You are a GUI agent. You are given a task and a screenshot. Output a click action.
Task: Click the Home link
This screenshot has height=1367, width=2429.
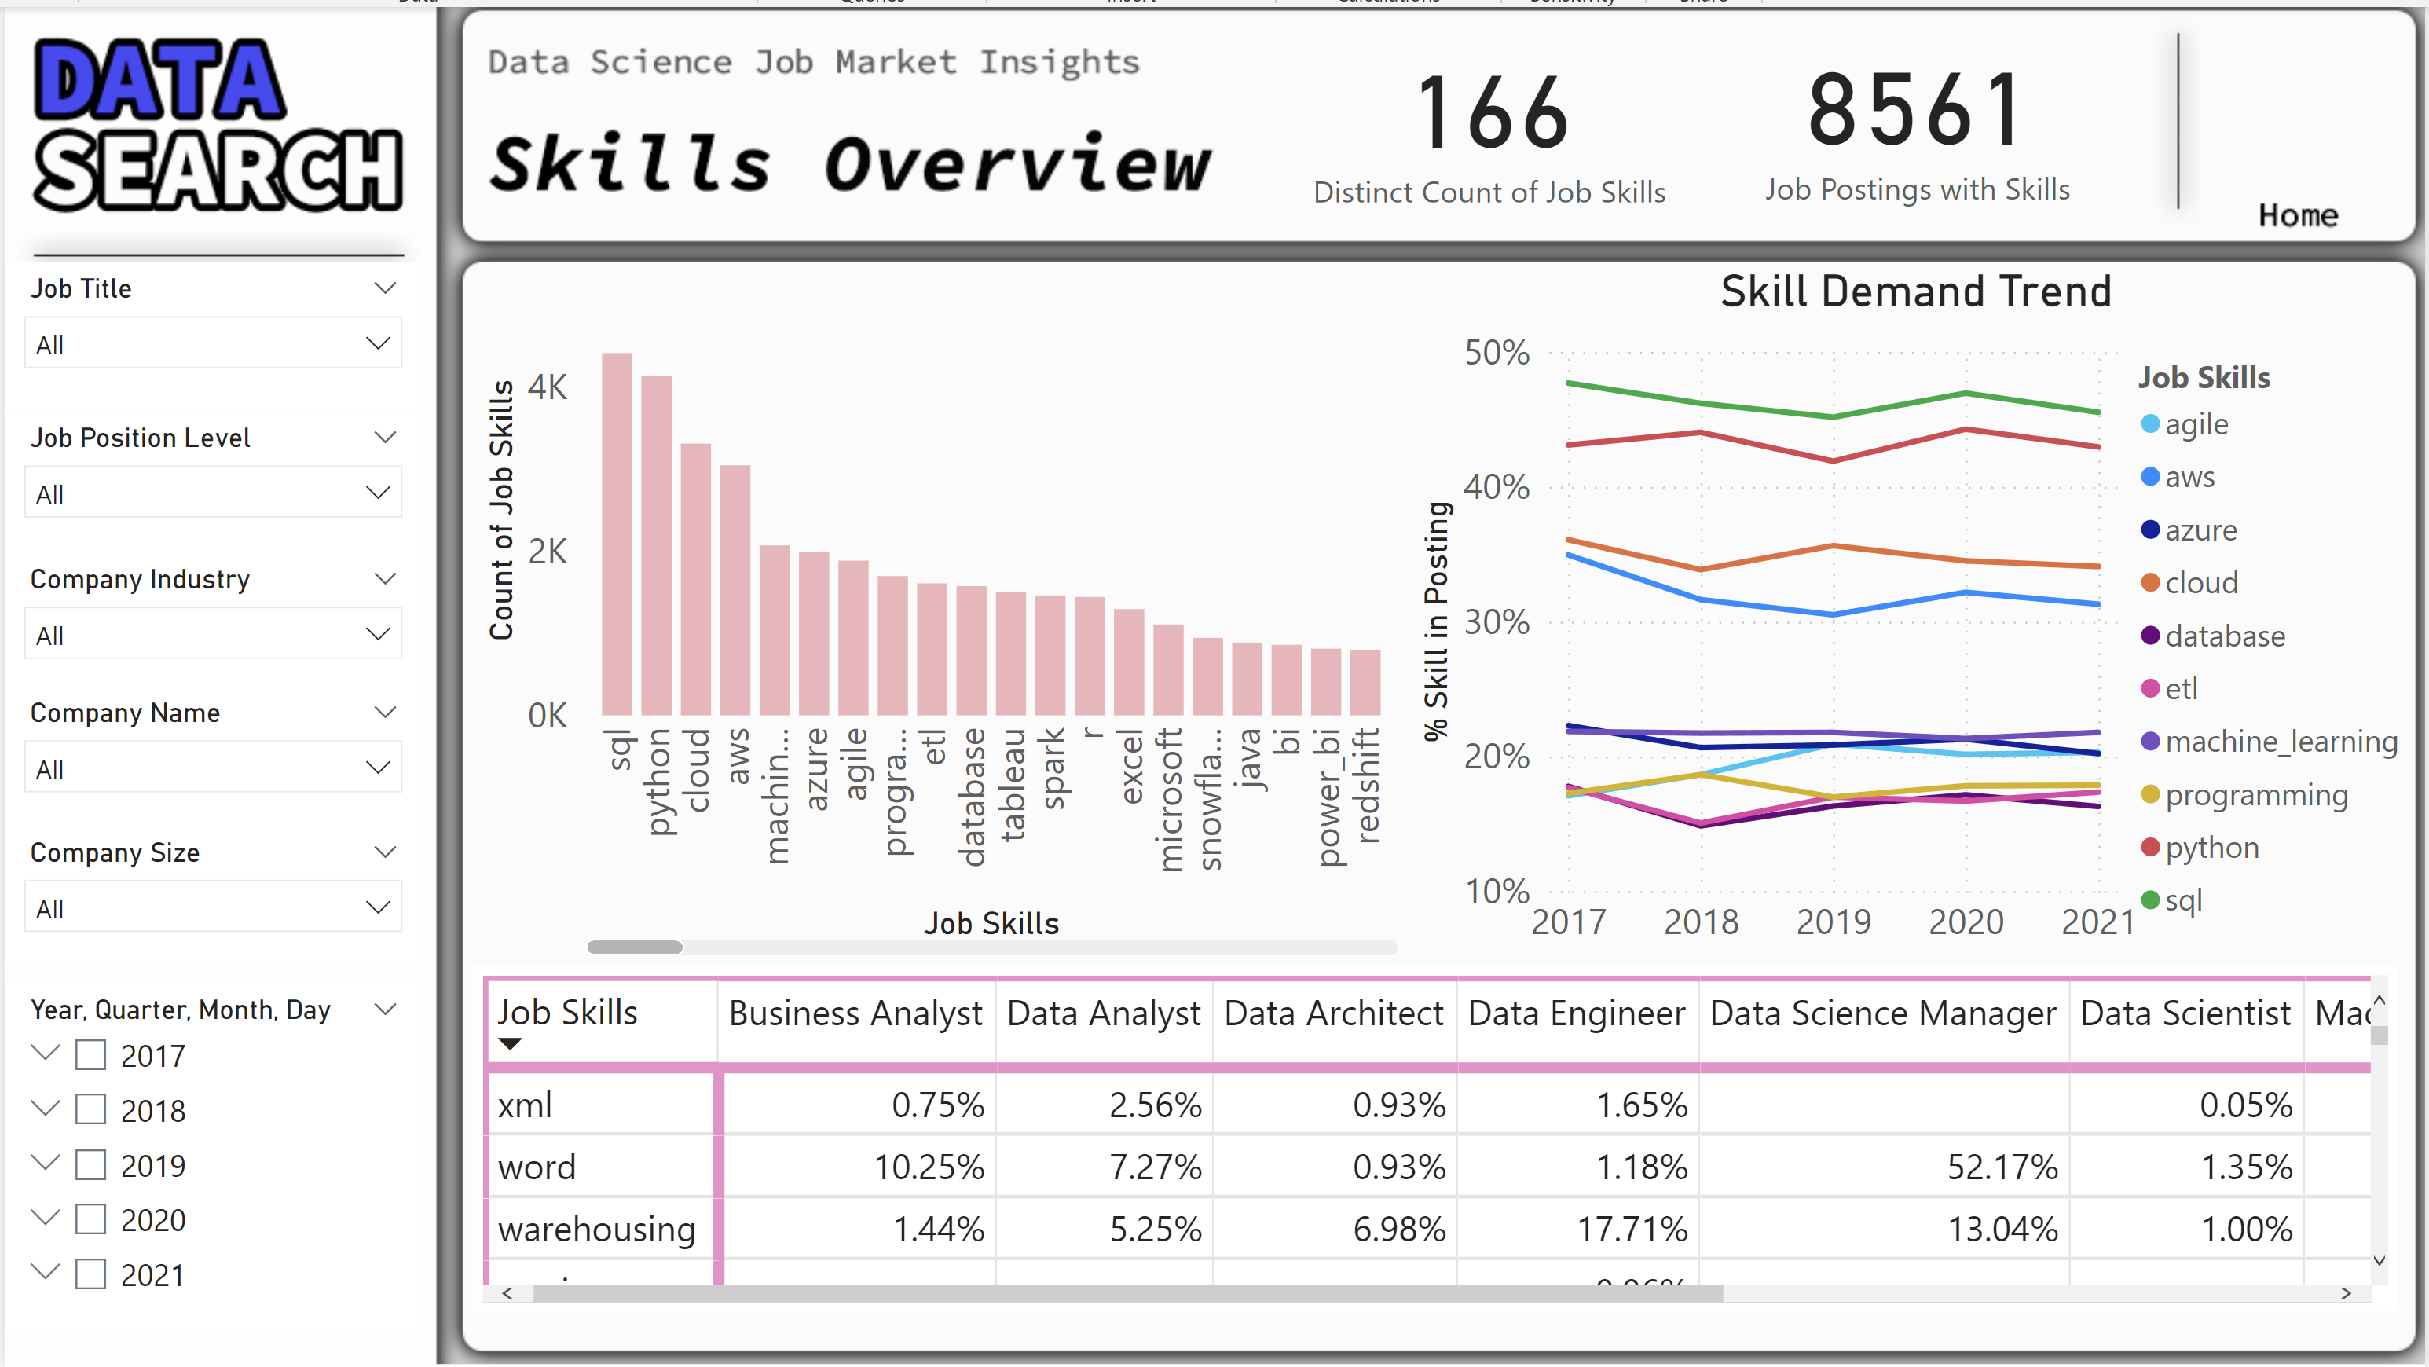click(x=2297, y=216)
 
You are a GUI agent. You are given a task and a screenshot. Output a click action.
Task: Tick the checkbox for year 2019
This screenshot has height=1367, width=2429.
click(x=90, y=1164)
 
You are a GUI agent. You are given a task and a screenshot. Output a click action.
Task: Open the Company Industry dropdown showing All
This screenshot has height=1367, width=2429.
click(x=213, y=635)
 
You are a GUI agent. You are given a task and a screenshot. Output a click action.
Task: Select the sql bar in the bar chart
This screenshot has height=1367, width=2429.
click(x=617, y=533)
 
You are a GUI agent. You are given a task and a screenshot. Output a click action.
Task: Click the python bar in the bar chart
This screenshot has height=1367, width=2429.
click(x=656, y=545)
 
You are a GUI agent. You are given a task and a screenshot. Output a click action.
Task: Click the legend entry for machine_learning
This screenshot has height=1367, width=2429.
click(x=2279, y=742)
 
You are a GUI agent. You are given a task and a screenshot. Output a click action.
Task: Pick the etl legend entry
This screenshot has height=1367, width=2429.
click(x=2180, y=689)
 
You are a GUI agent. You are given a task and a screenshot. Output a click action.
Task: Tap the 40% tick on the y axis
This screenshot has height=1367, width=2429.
click(x=1497, y=487)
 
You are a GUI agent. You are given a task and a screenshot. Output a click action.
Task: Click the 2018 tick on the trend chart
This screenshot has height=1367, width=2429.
click(x=1700, y=921)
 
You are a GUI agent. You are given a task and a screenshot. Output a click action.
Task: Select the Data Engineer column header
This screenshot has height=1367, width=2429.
click(x=1576, y=1013)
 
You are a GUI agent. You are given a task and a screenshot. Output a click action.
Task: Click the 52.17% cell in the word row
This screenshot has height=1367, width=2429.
click(x=2002, y=1167)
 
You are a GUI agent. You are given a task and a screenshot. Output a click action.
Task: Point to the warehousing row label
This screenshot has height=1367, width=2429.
click(x=597, y=1230)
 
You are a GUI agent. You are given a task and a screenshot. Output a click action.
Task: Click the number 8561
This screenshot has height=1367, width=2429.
click(x=1915, y=112)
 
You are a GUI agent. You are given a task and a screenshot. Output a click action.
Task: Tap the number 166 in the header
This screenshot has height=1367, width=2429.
click(x=1492, y=114)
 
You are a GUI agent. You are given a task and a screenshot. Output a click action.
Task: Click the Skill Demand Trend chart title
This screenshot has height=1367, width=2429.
click(x=1915, y=291)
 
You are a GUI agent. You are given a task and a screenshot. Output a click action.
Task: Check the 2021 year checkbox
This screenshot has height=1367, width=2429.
click(x=90, y=1274)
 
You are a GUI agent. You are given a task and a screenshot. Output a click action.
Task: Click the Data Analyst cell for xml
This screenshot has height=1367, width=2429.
click(x=1155, y=1105)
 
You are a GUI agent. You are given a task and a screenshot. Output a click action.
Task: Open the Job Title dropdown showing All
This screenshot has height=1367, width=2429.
click(x=213, y=344)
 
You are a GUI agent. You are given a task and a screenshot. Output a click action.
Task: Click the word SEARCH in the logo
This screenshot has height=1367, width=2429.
click(x=218, y=170)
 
